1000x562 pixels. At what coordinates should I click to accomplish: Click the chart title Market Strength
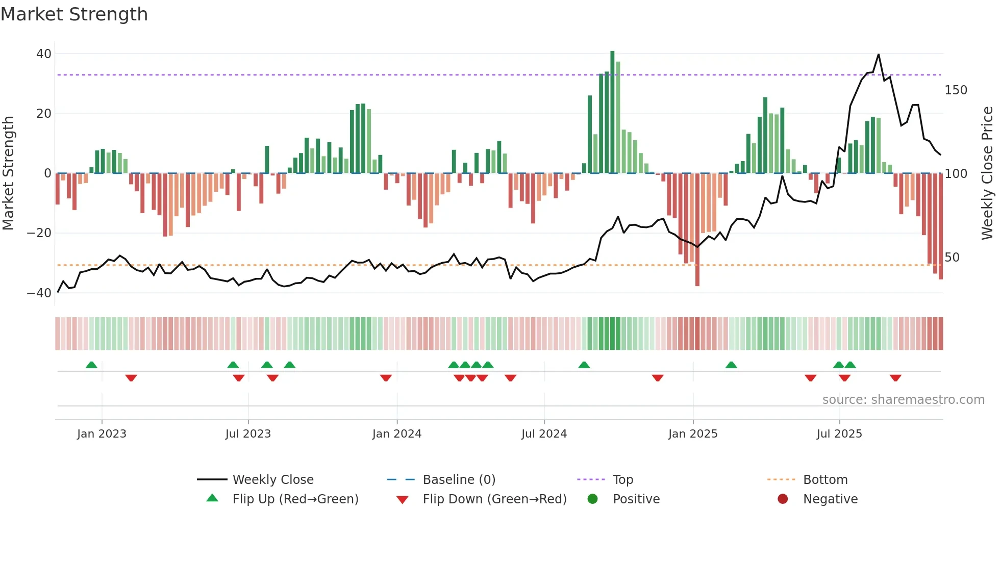(x=74, y=14)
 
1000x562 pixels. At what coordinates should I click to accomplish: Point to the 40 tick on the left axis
(x=44, y=54)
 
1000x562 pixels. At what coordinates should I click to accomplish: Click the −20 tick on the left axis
(x=39, y=233)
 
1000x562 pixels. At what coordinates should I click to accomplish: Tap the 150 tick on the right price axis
(x=956, y=90)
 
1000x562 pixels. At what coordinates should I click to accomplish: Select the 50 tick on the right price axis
(x=952, y=258)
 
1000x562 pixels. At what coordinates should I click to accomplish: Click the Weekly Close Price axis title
(x=987, y=173)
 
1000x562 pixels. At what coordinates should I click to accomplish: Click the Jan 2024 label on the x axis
(x=397, y=434)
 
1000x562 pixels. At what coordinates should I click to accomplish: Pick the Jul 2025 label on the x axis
(x=839, y=434)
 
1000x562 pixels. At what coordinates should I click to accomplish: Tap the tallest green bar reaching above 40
(x=612, y=112)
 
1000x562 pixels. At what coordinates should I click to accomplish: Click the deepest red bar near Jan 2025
(x=697, y=229)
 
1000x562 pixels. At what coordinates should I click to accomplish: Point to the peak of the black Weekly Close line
(x=879, y=55)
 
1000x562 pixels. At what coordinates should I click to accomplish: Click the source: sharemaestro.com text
(x=903, y=400)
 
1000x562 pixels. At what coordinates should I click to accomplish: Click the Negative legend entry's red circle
(x=783, y=499)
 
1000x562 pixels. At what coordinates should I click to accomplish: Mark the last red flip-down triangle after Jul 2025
(x=895, y=378)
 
